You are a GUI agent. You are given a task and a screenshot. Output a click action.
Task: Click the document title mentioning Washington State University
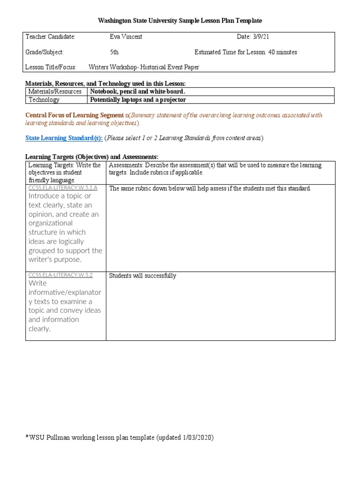[x=180, y=21]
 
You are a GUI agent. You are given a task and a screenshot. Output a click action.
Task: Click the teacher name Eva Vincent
[x=126, y=37]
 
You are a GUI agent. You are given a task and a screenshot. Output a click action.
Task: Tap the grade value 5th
[x=114, y=52]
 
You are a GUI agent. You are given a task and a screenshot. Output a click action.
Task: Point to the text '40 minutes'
[x=282, y=52]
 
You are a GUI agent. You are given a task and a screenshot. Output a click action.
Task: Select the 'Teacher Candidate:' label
[x=50, y=37]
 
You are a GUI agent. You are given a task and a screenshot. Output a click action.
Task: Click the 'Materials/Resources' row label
[x=55, y=91]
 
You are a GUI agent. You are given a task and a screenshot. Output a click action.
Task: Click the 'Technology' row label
[x=44, y=99]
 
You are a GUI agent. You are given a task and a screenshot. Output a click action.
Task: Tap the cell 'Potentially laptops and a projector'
[x=138, y=99]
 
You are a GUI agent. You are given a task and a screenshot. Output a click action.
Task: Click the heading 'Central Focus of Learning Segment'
[x=74, y=115]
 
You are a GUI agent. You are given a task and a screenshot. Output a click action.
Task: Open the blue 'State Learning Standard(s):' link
[x=64, y=138]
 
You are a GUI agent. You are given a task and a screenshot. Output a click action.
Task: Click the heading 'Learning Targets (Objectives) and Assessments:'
[x=91, y=157]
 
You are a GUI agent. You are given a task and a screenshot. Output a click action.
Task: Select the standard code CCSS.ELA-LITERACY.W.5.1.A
[x=63, y=188]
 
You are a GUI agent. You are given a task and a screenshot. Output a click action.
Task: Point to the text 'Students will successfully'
[x=142, y=276]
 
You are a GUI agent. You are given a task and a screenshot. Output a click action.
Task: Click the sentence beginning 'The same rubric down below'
[x=210, y=188]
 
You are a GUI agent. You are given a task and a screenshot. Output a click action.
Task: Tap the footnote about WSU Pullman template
[x=120, y=437]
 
